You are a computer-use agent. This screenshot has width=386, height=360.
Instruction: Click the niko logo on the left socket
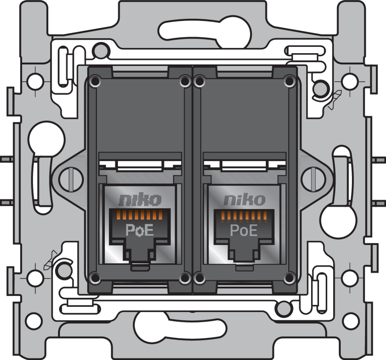click(x=140, y=200)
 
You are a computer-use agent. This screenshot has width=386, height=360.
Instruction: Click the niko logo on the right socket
click(x=244, y=200)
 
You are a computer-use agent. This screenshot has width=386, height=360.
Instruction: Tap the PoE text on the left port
click(x=140, y=230)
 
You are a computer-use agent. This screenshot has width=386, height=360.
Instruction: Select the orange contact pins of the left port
click(x=140, y=215)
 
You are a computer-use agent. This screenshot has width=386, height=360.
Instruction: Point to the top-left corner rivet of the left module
click(x=95, y=81)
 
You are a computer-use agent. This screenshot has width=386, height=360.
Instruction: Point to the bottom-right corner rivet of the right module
click(x=289, y=277)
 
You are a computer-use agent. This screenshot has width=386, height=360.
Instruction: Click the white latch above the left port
click(x=140, y=165)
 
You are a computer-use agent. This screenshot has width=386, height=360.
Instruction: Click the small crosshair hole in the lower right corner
click(x=349, y=278)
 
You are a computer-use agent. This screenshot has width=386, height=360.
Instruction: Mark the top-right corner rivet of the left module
click(x=184, y=81)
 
